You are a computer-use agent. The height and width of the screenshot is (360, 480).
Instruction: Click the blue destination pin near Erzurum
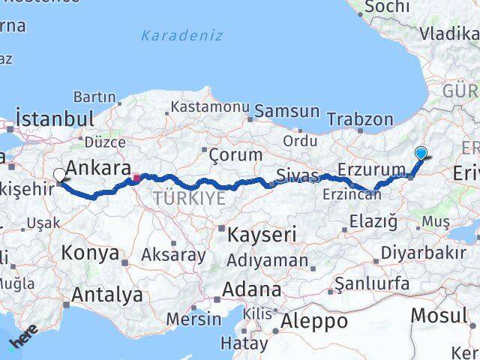point(421,153)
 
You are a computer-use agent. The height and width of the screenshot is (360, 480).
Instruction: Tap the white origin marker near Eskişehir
point(59,175)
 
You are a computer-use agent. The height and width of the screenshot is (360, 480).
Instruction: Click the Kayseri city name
point(263,234)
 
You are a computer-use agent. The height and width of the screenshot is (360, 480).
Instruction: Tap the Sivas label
point(298,175)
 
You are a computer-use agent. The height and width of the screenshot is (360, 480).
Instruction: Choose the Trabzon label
point(360,119)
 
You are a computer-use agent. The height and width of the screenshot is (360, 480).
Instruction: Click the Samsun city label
point(286,112)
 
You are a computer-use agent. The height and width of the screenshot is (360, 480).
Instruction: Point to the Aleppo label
point(315,322)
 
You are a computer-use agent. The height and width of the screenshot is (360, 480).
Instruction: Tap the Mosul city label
point(439,316)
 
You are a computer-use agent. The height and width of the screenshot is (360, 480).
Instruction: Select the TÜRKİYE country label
point(189,198)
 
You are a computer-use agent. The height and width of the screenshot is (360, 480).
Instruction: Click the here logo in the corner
point(22,340)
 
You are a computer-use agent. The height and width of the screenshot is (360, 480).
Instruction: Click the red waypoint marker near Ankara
point(136,178)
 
